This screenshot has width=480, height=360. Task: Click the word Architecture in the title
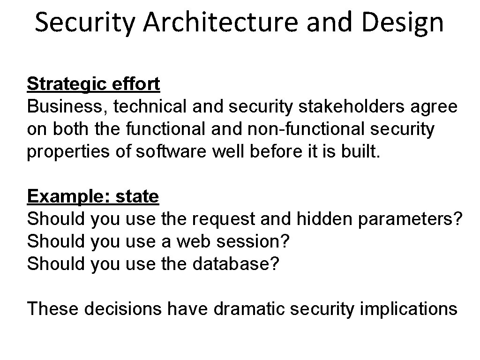click(x=220, y=22)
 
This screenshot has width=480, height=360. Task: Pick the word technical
click(x=150, y=106)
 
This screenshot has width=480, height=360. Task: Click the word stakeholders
click(x=351, y=106)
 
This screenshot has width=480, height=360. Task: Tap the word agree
click(x=434, y=108)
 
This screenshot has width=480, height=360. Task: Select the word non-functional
click(x=306, y=128)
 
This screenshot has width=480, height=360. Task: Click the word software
click(x=171, y=151)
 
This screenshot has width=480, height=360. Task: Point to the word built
click(x=360, y=151)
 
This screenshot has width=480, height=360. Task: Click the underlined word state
click(x=137, y=196)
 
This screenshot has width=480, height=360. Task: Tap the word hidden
click(x=324, y=218)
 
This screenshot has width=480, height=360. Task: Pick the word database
click(x=232, y=263)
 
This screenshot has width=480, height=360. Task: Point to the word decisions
click(x=123, y=308)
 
